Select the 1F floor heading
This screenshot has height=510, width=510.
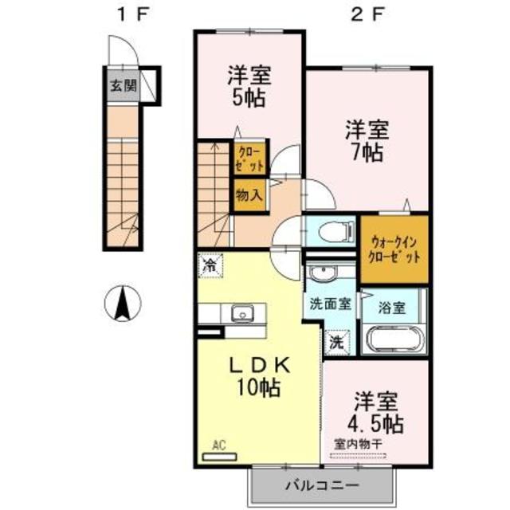pyautogui.click(x=131, y=14)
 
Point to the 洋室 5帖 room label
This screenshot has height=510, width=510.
pyautogui.click(x=249, y=87)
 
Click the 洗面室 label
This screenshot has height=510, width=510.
pyautogui.click(x=327, y=304)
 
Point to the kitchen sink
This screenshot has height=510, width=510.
pyautogui.click(x=241, y=312)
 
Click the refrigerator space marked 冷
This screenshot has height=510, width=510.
pyautogui.click(x=210, y=263)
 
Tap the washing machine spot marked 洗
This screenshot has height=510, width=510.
pyautogui.click(x=336, y=343)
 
